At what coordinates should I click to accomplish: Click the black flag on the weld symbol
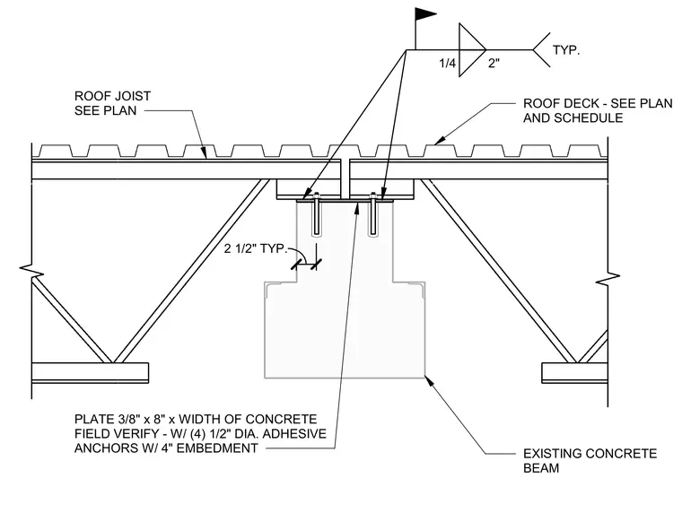pos(424,14)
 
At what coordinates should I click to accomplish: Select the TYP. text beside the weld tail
pos(566,50)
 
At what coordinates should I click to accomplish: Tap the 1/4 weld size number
pos(447,64)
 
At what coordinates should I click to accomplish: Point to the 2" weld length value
pos(494,64)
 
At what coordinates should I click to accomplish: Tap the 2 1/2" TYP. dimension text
pos(256,248)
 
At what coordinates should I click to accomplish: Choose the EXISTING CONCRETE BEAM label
pos(590,461)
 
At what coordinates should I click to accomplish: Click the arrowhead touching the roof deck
pos(441,140)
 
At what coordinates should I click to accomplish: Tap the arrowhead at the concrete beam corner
pos(429,381)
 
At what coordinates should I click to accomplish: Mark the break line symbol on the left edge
pos(31,271)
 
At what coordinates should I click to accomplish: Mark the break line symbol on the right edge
pos(608,278)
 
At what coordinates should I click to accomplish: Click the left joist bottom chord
pos(90,372)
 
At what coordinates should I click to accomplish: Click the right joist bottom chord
pos(574,372)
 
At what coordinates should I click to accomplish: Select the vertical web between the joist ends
pos(345,178)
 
